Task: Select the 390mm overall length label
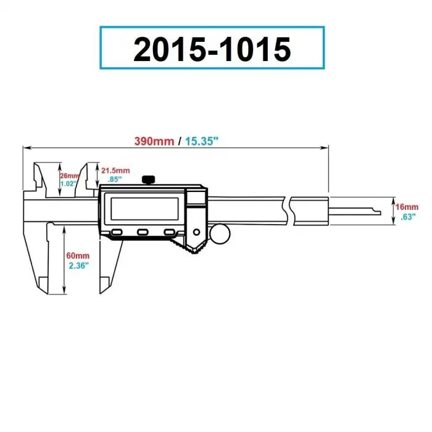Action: [154, 141]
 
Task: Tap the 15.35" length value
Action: [201, 141]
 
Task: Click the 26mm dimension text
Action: [70, 175]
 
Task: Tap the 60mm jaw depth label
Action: [78, 255]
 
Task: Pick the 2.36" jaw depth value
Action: [78, 265]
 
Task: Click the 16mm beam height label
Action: [408, 207]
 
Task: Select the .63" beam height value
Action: [408, 217]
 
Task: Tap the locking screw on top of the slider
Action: [148, 179]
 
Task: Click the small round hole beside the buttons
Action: [196, 232]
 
